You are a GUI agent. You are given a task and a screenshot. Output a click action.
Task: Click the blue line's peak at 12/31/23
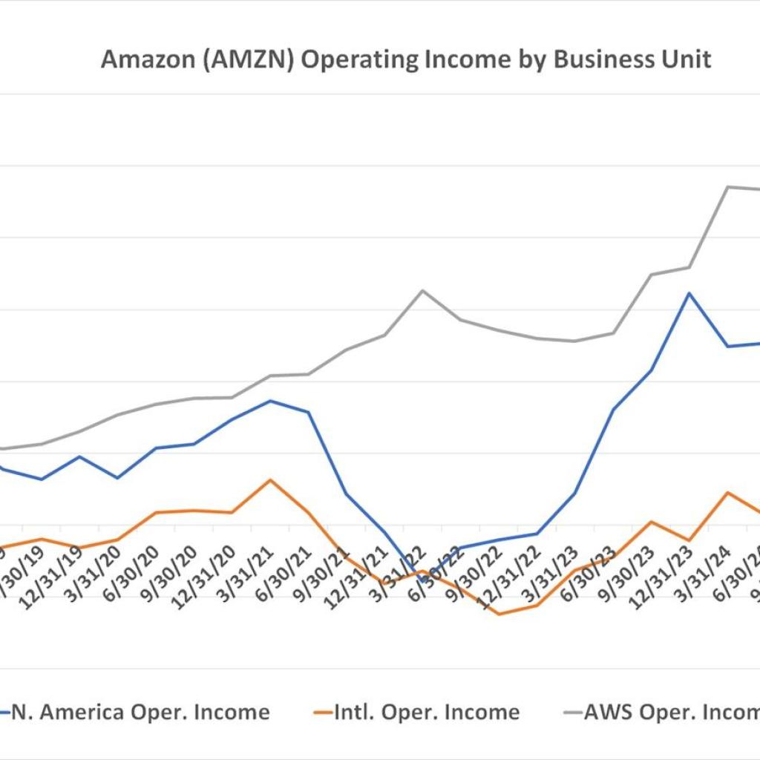tap(689, 293)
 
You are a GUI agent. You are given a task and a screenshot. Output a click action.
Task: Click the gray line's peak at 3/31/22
tap(422, 290)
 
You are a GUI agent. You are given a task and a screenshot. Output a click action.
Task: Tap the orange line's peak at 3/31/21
tap(270, 479)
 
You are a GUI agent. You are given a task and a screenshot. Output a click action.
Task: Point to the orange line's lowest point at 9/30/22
tap(499, 614)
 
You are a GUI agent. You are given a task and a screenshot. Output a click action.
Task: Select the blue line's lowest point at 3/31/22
tap(423, 580)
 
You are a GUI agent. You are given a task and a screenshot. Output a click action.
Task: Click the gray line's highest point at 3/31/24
tap(727, 186)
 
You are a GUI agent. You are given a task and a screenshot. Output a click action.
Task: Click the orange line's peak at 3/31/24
tap(727, 492)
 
